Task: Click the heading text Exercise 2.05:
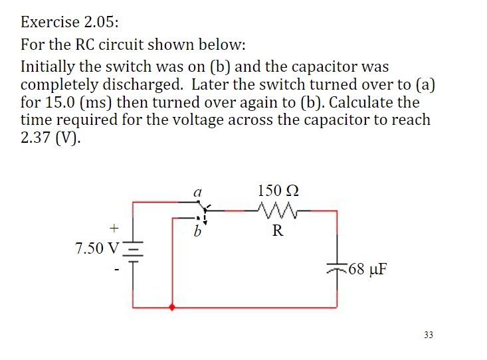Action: click(x=70, y=22)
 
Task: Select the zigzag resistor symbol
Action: click(x=278, y=211)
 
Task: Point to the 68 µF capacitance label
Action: click(x=367, y=270)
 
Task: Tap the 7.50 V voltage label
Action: click(x=98, y=248)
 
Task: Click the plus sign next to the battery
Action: click(x=114, y=228)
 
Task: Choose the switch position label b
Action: click(x=197, y=232)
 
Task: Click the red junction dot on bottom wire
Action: click(x=173, y=308)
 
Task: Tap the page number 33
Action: click(x=427, y=335)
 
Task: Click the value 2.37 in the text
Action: click(x=38, y=138)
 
